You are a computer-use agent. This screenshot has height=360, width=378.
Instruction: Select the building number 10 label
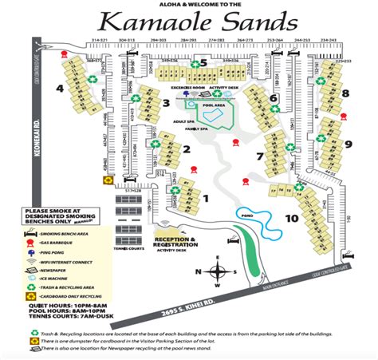pos(292,217)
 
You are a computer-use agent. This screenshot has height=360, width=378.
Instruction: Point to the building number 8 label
pos(345,93)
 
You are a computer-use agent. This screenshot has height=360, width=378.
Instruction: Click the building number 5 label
pos(204,62)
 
